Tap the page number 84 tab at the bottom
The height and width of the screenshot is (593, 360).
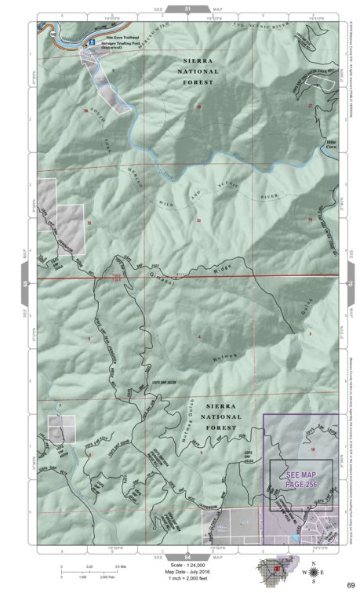pos(187,556)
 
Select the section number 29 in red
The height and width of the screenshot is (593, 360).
pos(198,107)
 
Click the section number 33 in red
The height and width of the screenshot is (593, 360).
pos(198,220)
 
